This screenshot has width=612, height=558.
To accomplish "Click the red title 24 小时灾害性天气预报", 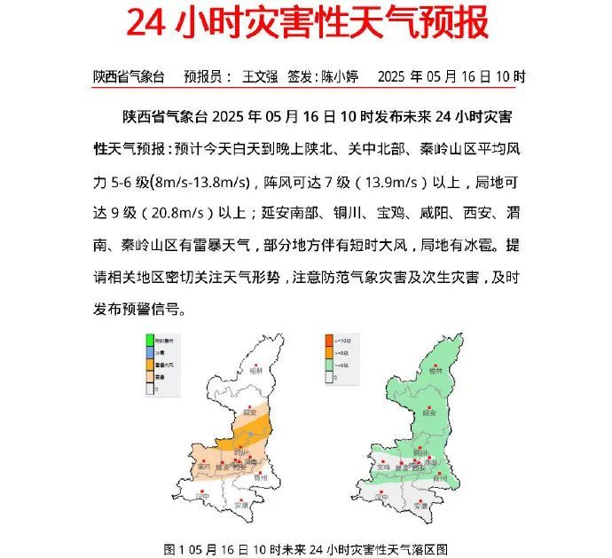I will (307, 24).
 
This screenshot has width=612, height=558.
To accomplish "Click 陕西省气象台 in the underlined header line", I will (129, 76).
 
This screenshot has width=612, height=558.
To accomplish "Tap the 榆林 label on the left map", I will (256, 372).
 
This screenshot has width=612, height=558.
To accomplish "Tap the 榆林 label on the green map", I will (435, 372).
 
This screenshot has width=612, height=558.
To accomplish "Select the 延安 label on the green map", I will (428, 413).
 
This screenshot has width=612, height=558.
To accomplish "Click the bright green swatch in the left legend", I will (151, 340).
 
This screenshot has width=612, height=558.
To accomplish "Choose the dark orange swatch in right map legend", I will (328, 340).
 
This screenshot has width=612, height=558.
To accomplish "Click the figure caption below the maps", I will (306, 549).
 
